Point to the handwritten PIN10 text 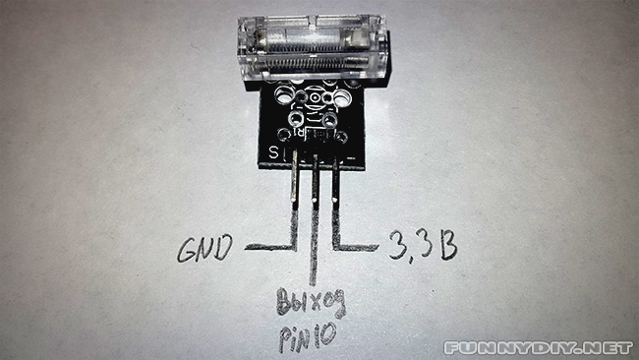point(309,336)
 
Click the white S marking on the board point(273,151)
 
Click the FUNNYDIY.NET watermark point(539,347)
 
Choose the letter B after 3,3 point(447,245)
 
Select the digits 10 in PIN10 point(325,336)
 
